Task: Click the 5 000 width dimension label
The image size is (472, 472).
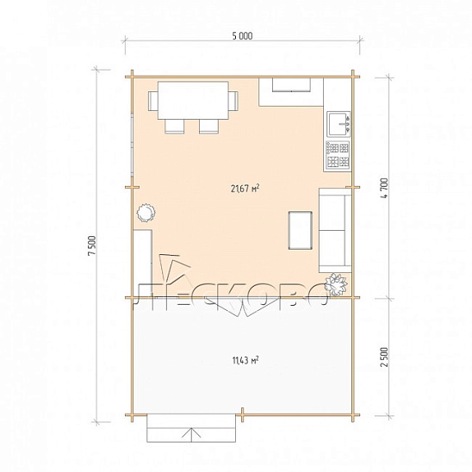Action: coord(242,36)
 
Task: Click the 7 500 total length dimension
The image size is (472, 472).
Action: coord(92,245)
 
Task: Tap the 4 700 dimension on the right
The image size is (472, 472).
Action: coord(385,188)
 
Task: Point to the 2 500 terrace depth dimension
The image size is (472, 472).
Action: coord(384,357)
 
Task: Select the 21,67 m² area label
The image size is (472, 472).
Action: coord(245,189)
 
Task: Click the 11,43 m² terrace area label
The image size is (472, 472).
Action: coord(245,360)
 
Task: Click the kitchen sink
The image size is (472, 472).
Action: coord(338,123)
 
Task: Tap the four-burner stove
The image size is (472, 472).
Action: coord(338,155)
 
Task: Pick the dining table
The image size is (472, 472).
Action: coord(193,100)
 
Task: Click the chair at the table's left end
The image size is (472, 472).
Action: coord(152,101)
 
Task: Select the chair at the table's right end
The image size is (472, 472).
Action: coord(233,101)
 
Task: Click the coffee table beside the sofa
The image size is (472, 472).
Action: coord(300,230)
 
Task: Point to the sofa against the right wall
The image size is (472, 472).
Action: coord(335,230)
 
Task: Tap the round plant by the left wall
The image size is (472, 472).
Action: coord(146,213)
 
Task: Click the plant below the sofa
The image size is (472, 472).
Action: coord(336,284)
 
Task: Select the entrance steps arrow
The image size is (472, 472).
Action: coord(191,435)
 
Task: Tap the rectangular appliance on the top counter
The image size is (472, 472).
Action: coord(291,84)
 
